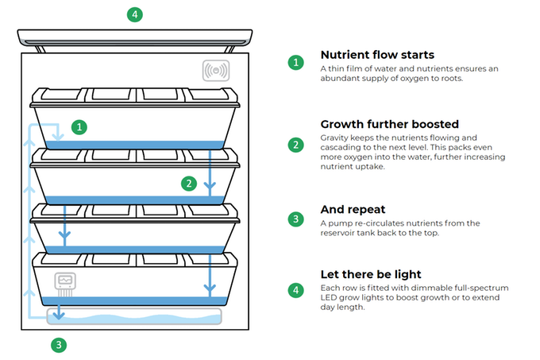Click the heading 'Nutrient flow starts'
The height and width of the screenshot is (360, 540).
pyautogui.click(x=377, y=55)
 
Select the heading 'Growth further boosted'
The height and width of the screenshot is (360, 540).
pyautogui.click(x=389, y=124)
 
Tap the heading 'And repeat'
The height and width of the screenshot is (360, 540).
pyautogui.click(x=353, y=210)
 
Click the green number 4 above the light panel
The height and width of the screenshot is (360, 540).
pyautogui.click(x=136, y=14)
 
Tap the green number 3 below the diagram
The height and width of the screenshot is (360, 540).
pyautogui.click(x=58, y=345)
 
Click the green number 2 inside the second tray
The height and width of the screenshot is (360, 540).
pyautogui.click(x=188, y=184)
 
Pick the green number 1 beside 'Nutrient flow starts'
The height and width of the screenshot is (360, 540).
pyautogui.click(x=295, y=62)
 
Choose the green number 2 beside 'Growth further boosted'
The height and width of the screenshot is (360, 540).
pyautogui.click(x=295, y=145)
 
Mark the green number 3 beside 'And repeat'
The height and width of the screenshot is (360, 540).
pyautogui.click(x=295, y=219)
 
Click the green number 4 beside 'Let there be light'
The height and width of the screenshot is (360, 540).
pyautogui.click(x=295, y=290)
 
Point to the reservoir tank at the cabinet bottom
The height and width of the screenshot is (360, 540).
pyautogui.click(x=135, y=316)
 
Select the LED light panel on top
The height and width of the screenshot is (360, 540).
pyautogui.click(x=135, y=36)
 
